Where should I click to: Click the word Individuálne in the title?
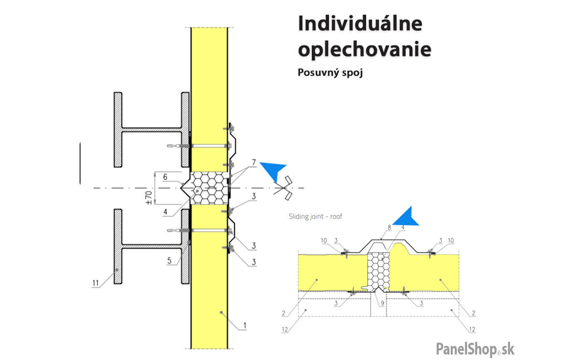360,24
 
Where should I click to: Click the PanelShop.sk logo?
475,349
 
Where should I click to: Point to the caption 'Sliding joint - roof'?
315,216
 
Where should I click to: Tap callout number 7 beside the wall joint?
254,161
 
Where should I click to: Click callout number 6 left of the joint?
165,177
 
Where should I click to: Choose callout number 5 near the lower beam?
169,260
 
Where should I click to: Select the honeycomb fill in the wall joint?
208,188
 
